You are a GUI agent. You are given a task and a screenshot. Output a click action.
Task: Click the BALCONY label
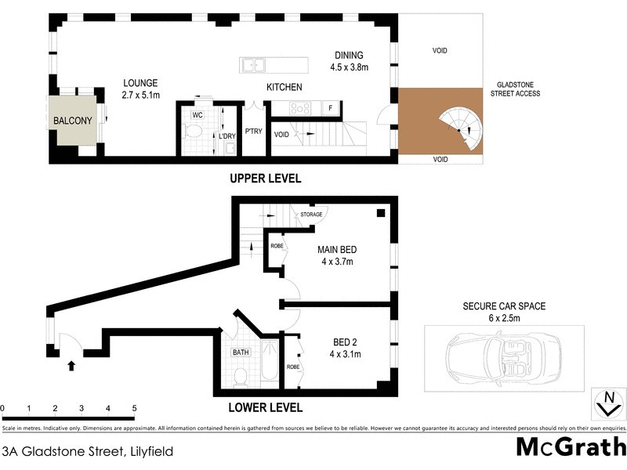pyautogui.click(x=73, y=121)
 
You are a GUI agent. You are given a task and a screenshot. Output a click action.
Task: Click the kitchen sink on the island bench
pyautogui.click(x=253, y=66)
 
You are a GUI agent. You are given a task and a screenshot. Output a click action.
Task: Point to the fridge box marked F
pyautogui.click(x=331, y=108)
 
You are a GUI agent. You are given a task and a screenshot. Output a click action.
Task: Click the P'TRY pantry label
pyautogui.click(x=253, y=132)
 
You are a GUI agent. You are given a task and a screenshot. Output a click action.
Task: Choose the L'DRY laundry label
pyautogui.click(x=227, y=136)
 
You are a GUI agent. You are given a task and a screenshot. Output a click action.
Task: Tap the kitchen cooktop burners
pyautogui.click(x=298, y=108)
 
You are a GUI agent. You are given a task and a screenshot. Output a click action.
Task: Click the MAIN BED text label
pyautogui.click(x=337, y=250)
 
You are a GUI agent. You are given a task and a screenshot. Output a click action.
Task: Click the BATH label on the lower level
pyautogui.click(x=240, y=352)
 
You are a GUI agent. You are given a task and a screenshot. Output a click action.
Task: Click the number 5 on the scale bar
pyautogui.click(x=135, y=408)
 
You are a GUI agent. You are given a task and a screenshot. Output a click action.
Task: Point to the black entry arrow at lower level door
pyautogui.click(x=71, y=365)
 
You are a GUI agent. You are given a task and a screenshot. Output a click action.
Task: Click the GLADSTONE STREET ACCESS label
pyautogui.click(x=515, y=89)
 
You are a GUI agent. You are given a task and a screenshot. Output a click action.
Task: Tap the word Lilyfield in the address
pyautogui.click(x=148, y=451)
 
